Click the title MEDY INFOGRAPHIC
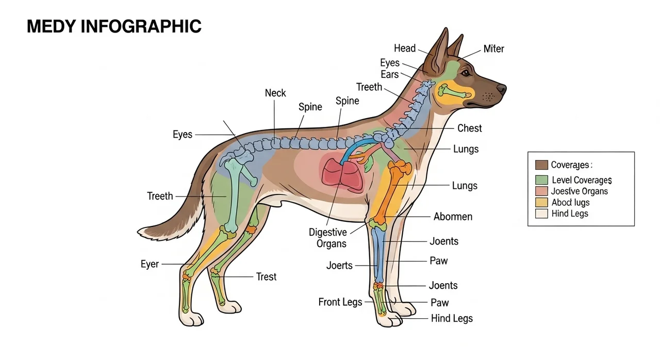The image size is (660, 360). point(114,26)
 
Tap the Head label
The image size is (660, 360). point(405,48)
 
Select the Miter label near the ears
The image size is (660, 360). point(494,49)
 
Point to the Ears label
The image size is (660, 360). point(389,75)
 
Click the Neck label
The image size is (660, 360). point(275,93)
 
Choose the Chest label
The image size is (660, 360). point(470,128)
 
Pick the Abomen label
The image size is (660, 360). point(453,217)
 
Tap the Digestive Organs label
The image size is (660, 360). point(328,238)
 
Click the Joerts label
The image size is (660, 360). point(339,266)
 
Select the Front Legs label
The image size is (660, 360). point(340,302)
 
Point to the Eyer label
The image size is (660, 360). point(150,264)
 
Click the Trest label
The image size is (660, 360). point(267,276)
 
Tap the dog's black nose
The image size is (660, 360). point(501,88)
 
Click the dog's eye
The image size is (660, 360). point(466,72)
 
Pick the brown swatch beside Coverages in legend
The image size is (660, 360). point(541,165)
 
